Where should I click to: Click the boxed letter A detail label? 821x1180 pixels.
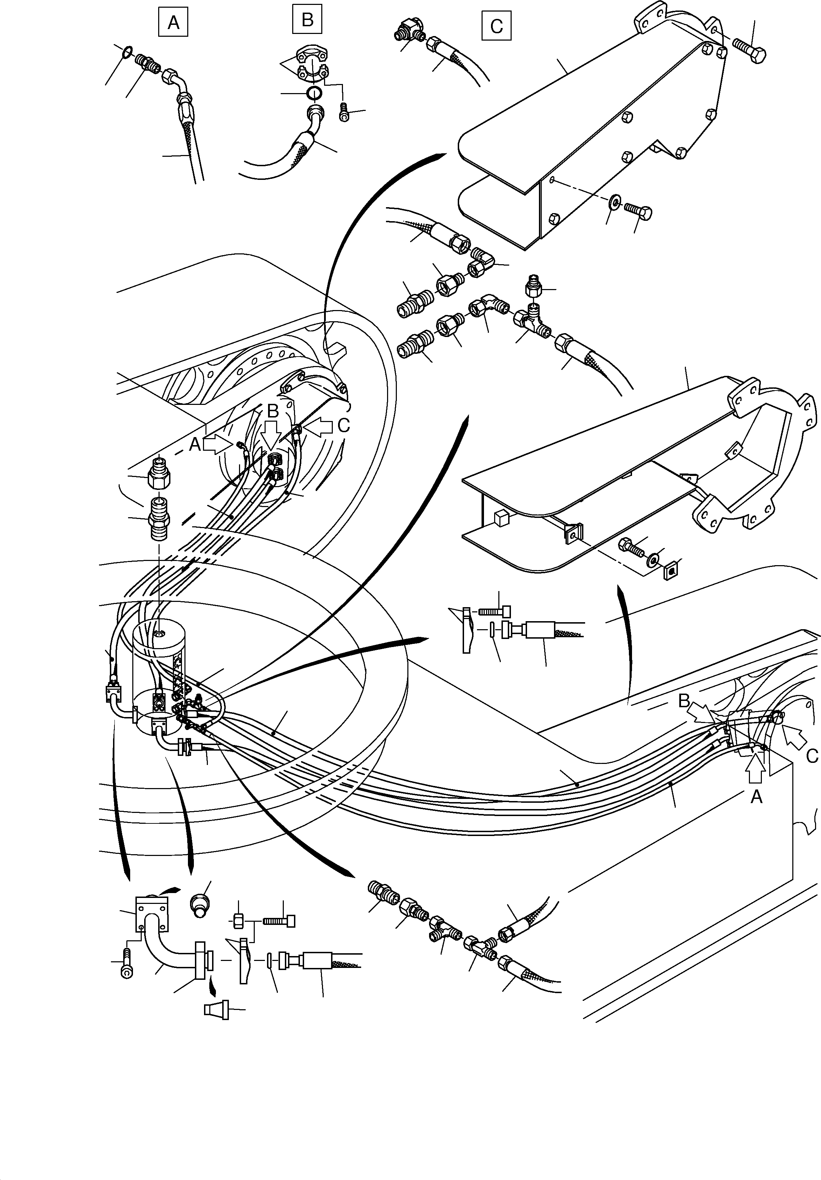pyautogui.click(x=173, y=23)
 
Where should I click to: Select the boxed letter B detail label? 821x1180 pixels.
pyautogui.click(x=307, y=20)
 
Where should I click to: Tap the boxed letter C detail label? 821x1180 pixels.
pyautogui.click(x=496, y=26)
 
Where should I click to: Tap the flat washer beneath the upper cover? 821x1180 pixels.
pyautogui.click(x=614, y=203)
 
